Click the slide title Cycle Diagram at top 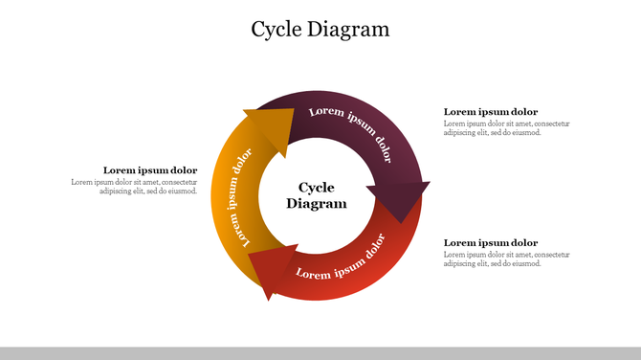(320, 30)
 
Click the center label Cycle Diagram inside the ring (317, 195)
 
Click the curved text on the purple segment (351, 131)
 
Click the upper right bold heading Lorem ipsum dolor (491, 112)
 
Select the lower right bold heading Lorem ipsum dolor (491, 243)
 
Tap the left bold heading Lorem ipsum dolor (150, 170)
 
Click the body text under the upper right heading (506, 128)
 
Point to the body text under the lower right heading (506, 259)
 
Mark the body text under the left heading (135, 187)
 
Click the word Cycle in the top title (277, 30)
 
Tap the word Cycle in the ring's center (317, 188)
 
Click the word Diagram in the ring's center (317, 204)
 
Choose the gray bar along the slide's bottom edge (320, 353)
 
